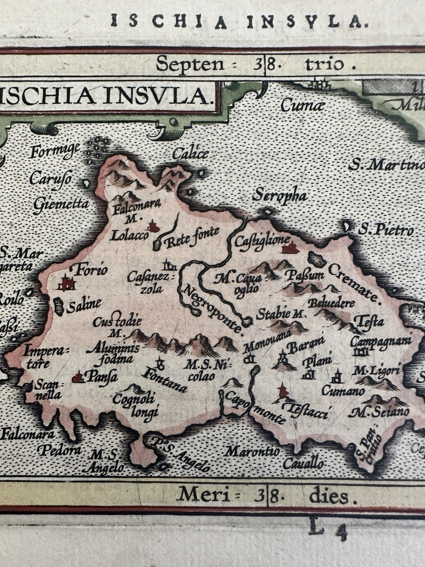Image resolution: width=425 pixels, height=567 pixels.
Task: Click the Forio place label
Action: pos(93,271)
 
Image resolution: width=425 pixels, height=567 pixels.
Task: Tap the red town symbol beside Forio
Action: pos(68,283)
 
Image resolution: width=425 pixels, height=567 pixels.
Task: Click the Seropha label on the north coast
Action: pos(279,195)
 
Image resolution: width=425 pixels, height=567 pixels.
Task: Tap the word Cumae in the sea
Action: pos(302,104)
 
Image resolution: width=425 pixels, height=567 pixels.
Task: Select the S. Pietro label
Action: pos(386,229)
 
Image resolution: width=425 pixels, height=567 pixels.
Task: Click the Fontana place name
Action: pos(164,380)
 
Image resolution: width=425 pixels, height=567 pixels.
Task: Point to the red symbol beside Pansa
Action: pos(78,378)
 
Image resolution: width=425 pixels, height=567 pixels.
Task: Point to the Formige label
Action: pos(56,150)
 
